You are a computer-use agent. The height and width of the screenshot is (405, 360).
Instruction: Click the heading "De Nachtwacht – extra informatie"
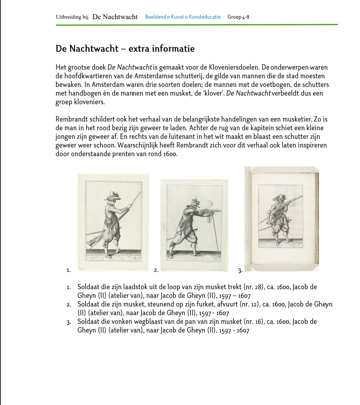point(125,48)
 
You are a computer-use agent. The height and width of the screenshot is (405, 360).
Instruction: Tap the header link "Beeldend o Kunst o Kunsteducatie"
point(183,17)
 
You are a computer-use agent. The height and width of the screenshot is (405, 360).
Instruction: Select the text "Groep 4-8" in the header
point(238,17)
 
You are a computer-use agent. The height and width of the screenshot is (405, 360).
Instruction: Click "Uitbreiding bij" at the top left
point(72,17)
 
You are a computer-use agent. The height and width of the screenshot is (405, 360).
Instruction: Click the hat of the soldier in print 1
point(112,195)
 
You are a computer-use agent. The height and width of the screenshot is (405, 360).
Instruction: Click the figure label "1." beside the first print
point(68,270)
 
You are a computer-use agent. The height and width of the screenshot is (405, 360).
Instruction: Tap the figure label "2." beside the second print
point(156,270)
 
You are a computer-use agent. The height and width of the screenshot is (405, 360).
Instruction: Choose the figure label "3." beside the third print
point(240,271)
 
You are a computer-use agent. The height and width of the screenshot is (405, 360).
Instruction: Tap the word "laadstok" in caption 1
point(140,287)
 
